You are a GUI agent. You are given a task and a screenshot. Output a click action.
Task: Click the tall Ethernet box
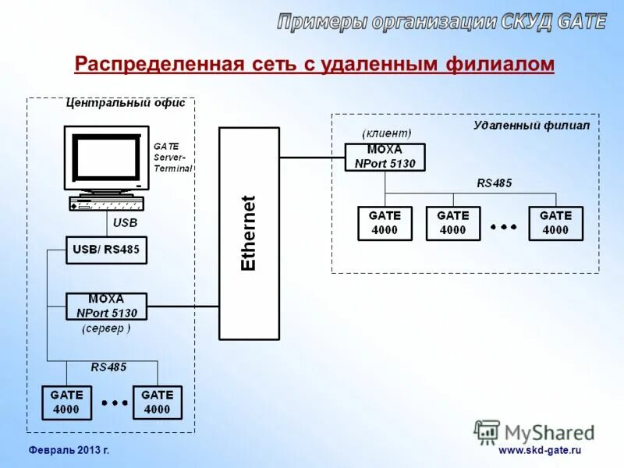249,233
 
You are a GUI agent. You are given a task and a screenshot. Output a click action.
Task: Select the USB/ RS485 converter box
106,250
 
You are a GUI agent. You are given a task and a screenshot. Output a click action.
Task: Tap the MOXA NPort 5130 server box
106,307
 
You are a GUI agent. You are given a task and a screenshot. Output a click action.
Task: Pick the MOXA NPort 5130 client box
385,157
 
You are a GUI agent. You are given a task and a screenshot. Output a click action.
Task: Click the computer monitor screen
107,158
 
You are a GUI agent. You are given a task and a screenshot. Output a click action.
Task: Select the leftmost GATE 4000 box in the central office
67,402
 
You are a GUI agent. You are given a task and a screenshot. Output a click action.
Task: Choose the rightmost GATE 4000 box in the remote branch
555,223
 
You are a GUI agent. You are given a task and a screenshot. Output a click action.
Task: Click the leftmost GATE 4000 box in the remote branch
385,223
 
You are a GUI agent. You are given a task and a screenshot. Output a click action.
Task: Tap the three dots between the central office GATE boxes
114,403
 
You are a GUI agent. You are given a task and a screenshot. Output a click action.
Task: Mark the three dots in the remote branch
503,226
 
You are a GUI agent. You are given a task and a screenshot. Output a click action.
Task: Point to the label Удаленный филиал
531,125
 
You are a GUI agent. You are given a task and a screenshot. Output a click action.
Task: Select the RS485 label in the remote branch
495,183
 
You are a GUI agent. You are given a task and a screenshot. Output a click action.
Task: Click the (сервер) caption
106,329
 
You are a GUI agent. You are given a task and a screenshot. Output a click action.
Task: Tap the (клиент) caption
386,134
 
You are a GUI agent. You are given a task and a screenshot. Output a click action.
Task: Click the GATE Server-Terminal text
172,157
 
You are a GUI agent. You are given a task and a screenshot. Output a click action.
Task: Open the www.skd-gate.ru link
540,451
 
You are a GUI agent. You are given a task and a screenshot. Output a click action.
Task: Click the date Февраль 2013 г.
69,451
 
